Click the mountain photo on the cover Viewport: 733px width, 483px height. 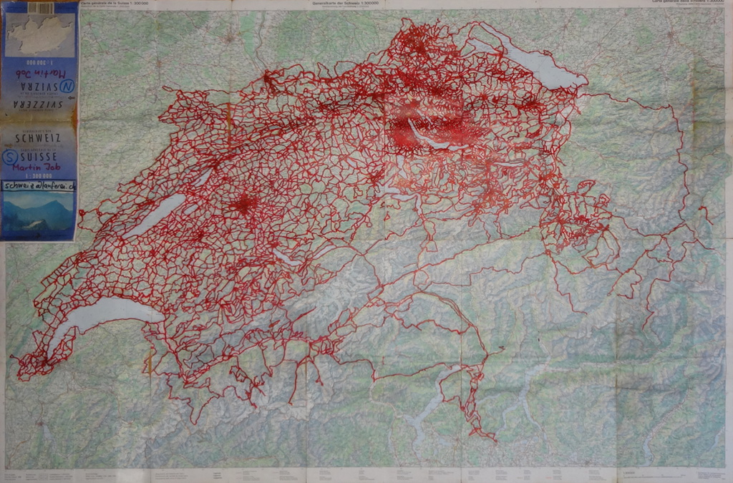pos(39,215)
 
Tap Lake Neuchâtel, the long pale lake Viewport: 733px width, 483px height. pos(154,215)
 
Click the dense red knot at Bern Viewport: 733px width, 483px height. pos(244,205)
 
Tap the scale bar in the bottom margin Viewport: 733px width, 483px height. pos(644,475)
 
